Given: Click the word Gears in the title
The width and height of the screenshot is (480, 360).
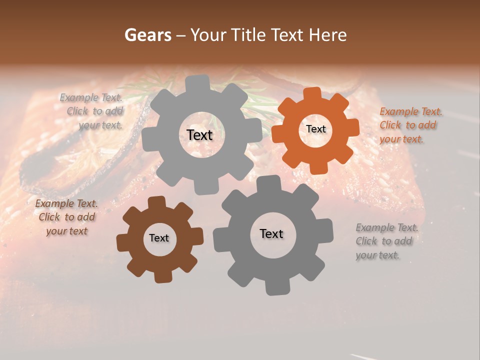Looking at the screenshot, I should (x=147, y=35).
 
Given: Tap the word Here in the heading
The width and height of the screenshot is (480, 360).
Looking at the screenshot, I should (x=327, y=35).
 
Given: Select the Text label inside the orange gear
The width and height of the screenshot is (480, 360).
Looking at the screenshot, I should (x=316, y=129).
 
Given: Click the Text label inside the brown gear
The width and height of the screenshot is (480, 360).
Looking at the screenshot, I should (x=159, y=238).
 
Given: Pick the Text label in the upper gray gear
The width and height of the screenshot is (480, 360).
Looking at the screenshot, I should (x=199, y=135).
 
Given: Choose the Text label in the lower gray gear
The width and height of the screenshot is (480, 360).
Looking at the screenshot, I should (x=271, y=233).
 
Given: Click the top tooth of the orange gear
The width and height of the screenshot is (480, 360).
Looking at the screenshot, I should (x=312, y=94).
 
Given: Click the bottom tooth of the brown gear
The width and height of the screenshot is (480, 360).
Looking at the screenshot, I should (x=161, y=276).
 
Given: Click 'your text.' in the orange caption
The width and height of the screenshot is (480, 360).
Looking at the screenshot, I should (x=401, y=139).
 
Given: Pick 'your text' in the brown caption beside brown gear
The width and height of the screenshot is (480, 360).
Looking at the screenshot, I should (x=66, y=231).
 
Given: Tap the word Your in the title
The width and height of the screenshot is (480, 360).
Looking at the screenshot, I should (x=208, y=35).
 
